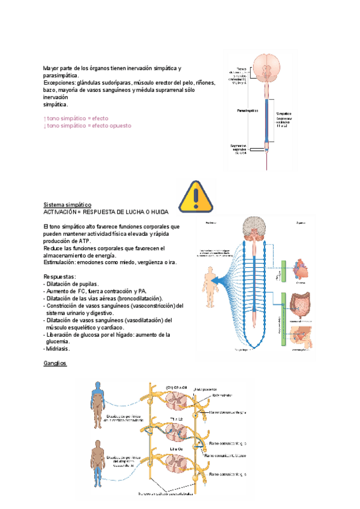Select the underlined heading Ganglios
(55, 364)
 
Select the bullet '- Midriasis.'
(57, 349)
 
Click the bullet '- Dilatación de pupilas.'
(72, 284)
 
